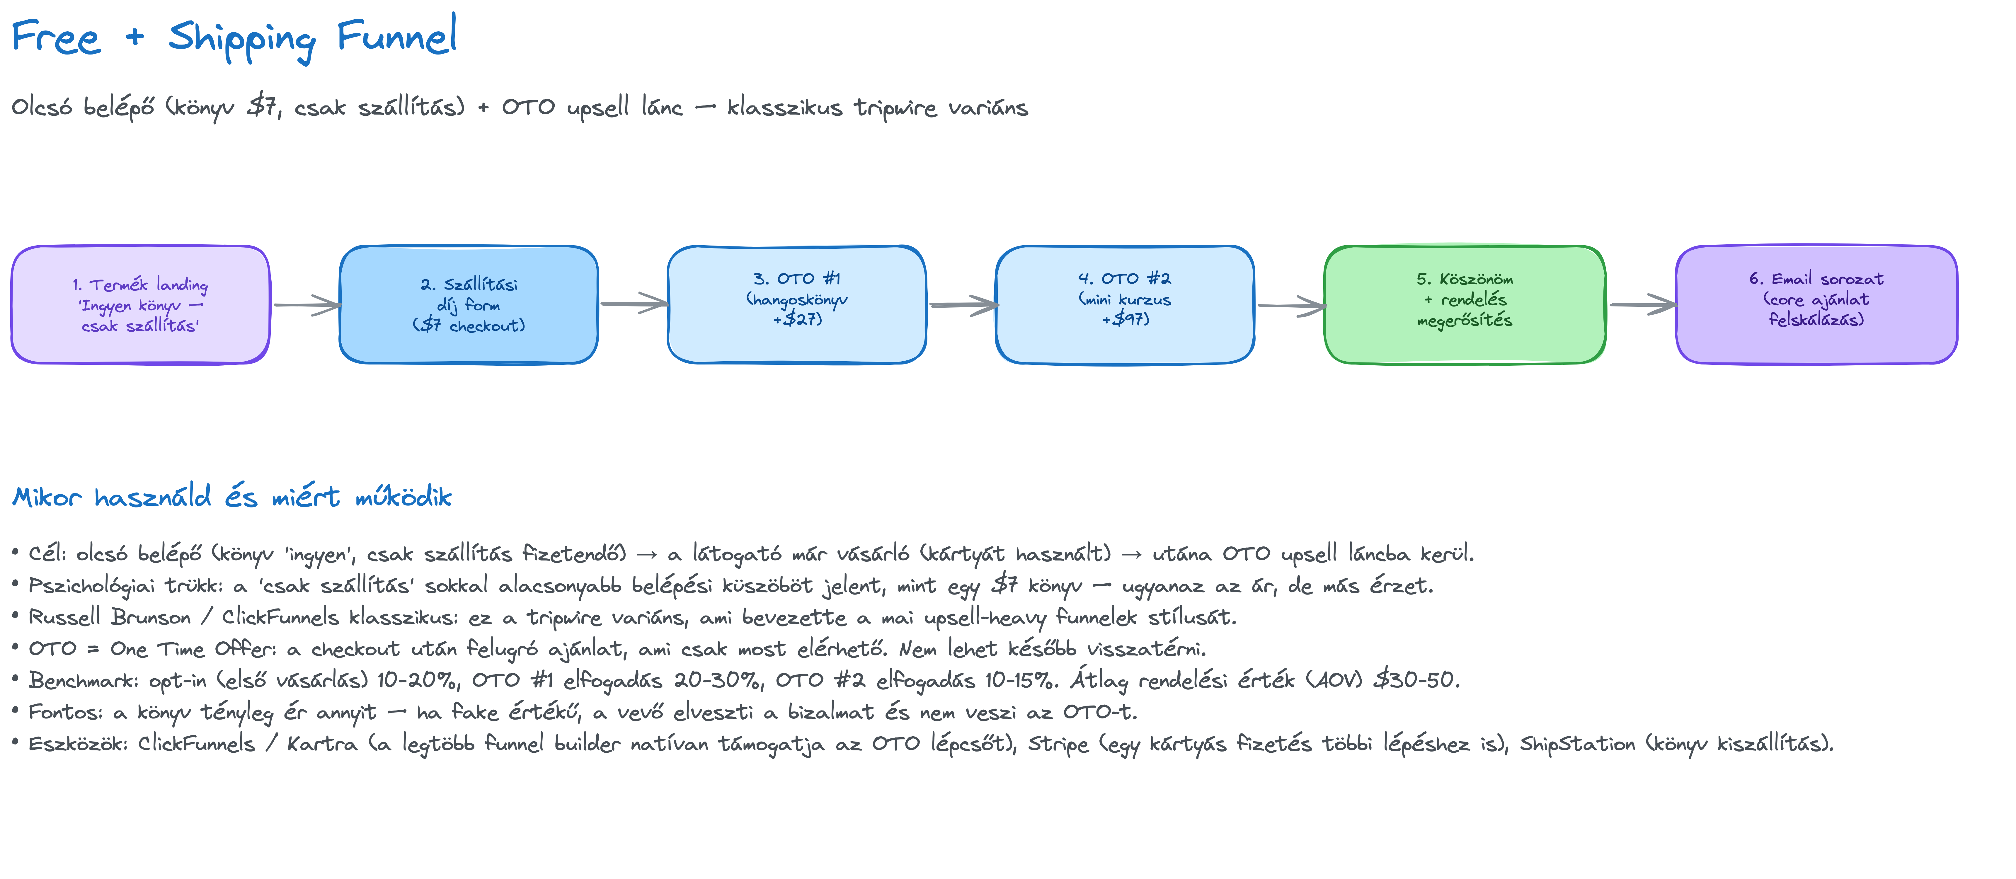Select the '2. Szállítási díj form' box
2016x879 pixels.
pyautogui.click(x=469, y=304)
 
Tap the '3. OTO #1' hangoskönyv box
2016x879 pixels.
pyautogui.click(x=797, y=304)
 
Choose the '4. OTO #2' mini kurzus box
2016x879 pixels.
pyautogui.click(x=1125, y=304)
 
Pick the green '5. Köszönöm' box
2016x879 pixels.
pyautogui.click(x=1464, y=304)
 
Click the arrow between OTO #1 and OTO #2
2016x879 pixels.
pyautogui.click(x=963, y=305)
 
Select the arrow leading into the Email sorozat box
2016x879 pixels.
pyautogui.click(x=1642, y=305)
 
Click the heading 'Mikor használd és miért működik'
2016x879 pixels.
pyautogui.click(x=232, y=496)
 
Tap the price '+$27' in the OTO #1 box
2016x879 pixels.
pyautogui.click(x=798, y=318)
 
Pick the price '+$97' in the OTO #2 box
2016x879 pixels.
pyautogui.click(x=1126, y=318)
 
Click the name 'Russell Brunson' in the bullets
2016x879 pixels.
pyautogui.click(x=110, y=617)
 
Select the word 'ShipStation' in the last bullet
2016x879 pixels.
pyautogui.click(x=1577, y=744)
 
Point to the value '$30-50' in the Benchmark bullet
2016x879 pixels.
pyautogui.click(x=1416, y=679)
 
